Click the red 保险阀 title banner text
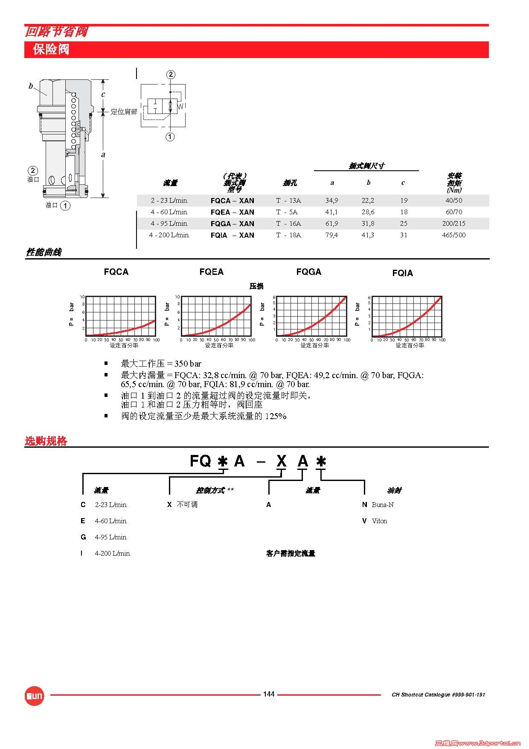pos(51,50)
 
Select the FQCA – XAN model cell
pos(232,201)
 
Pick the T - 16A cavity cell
pos(288,224)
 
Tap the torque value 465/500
pos(453,235)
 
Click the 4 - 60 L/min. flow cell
pos(169,212)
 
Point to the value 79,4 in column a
pos(331,235)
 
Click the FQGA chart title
pos(308,272)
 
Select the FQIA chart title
pos(402,273)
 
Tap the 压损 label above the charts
pos(256,286)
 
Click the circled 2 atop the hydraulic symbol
pos(171,75)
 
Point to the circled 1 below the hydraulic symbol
pos(170,137)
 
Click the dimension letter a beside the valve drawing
pos(103,154)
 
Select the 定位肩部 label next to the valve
pos(124,112)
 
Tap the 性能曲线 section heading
pos(44,252)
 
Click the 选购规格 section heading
pos(46,441)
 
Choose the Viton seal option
pos(379,521)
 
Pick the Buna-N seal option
pos(382,505)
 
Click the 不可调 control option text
pos(187,505)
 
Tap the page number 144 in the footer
pos(269,694)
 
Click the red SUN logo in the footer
pos(34,696)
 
